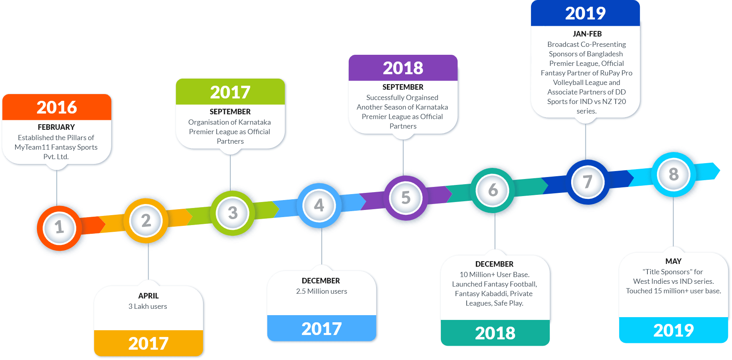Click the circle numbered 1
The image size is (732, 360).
click(x=59, y=228)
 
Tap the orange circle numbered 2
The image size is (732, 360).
click(x=146, y=221)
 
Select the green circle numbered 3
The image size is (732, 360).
click(x=232, y=213)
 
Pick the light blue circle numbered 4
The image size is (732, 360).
click(x=319, y=206)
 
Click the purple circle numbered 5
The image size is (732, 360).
click(x=406, y=198)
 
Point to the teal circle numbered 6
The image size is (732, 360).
click(x=493, y=191)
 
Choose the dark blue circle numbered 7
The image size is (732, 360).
click(x=587, y=182)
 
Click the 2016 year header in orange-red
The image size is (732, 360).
click(x=57, y=107)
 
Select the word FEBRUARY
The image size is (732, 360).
click(x=56, y=127)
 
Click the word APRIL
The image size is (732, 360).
click(x=149, y=296)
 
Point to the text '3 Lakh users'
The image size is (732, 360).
click(x=148, y=306)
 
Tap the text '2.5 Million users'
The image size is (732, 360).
click(x=322, y=291)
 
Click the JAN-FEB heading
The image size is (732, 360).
click(x=587, y=34)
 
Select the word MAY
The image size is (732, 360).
click(x=673, y=262)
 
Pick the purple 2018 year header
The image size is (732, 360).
click(x=403, y=68)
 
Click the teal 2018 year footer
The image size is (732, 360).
click(x=495, y=333)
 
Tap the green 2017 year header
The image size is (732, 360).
click(x=230, y=92)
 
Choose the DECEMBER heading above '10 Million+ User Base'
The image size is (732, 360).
click(x=494, y=264)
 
